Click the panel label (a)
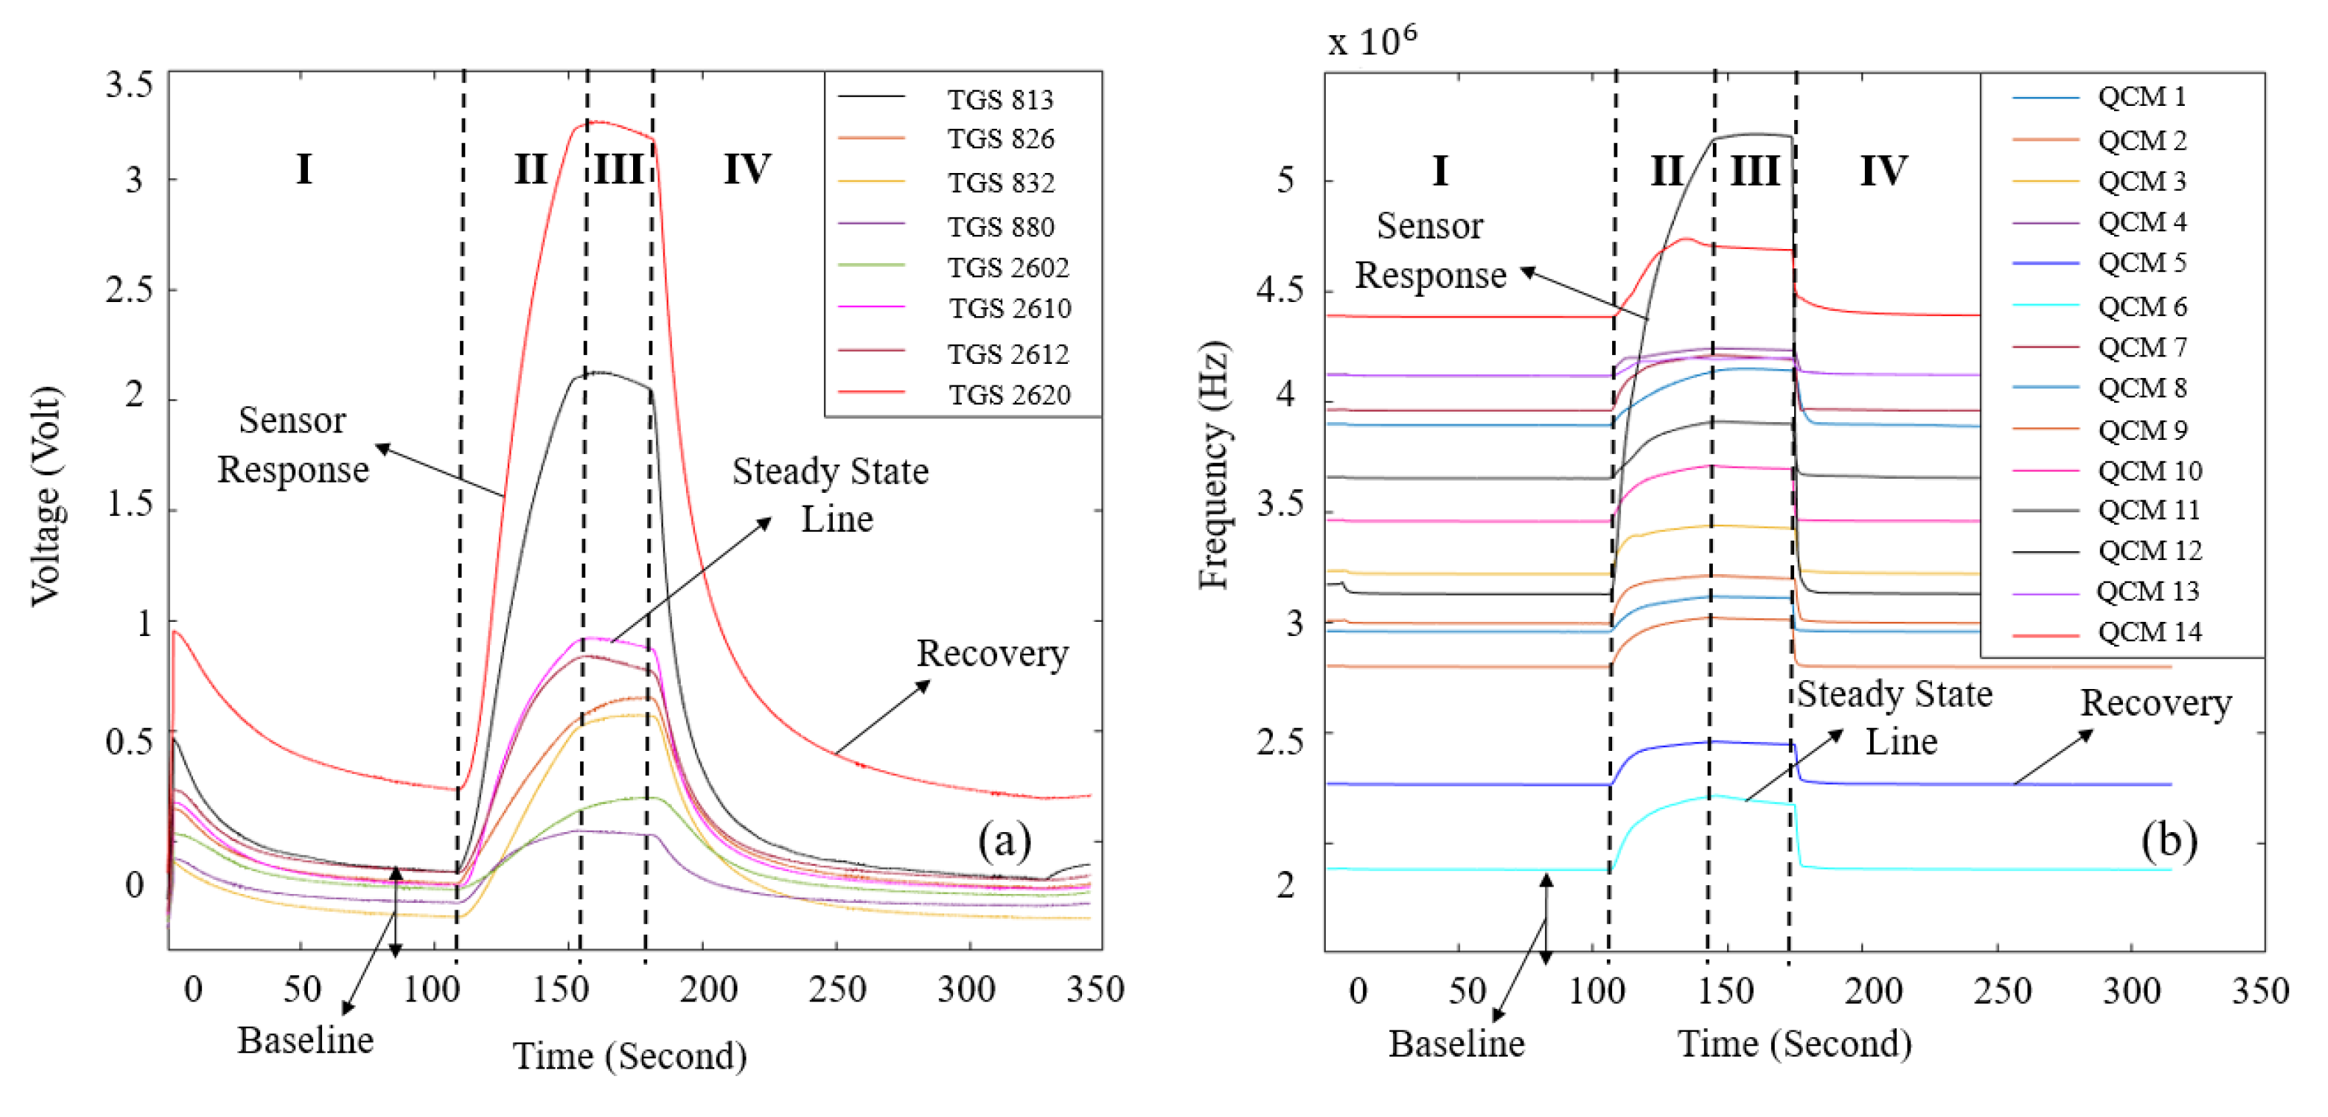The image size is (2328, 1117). [1004, 840]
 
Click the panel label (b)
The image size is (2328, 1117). [2168, 840]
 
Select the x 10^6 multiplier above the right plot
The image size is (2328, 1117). [1372, 41]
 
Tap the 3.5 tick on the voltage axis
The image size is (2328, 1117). [129, 85]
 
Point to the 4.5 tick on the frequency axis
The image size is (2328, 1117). [1280, 291]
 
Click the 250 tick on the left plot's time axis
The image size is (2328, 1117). [837, 989]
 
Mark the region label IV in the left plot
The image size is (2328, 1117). [746, 169]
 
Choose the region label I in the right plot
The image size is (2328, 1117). [1440, 171]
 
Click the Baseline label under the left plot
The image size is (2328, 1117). [306, 1040]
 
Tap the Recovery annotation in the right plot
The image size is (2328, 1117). [2156, 703]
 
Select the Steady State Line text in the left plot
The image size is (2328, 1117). [830, 494]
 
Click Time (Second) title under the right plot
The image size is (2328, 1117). [1795, 1044]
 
